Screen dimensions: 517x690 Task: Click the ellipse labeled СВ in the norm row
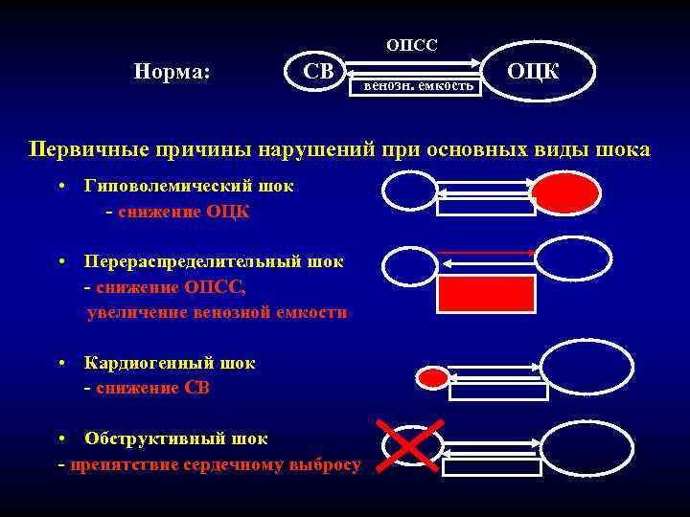point(315,72)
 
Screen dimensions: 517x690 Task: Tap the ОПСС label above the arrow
point(411,46)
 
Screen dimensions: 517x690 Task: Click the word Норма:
point(173,72)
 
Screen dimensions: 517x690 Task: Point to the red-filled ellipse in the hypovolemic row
point(565,192)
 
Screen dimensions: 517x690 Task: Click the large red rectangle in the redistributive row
point(485,295)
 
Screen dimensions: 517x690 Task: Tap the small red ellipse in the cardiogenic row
point(433,378)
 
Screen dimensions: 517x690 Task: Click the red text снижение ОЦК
point(182,212)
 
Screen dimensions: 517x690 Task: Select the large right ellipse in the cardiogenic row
point(586,367)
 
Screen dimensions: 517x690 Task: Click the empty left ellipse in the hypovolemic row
point(409,190)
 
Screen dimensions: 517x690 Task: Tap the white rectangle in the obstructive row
point(491,467)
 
